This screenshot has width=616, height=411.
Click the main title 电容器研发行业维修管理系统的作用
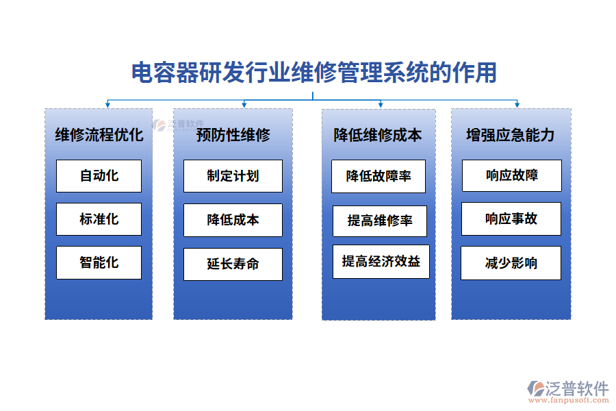point(313,73)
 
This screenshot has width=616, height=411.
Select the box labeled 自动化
point(99,176)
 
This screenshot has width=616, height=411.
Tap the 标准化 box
point(99,219)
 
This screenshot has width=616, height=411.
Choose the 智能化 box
point(99,262)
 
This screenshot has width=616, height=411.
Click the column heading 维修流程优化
point(99,134)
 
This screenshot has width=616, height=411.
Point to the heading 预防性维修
point(233,134)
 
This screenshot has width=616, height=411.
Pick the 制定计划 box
point(233,176)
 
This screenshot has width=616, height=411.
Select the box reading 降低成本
point(233,220)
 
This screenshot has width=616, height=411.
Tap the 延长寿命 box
point(233,264)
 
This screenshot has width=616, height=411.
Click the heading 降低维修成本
point(378,134)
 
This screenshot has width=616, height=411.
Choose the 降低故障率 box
point(378,176)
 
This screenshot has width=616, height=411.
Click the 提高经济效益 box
point(381,261)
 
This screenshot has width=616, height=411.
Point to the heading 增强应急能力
point(510,134)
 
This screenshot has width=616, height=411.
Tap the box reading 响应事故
point(511,219)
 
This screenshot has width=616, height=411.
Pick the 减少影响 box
point(511,263)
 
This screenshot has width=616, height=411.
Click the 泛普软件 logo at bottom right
point(567,389)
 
